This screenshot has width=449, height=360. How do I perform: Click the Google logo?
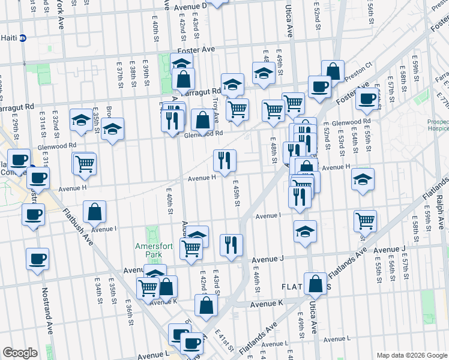point(20,353)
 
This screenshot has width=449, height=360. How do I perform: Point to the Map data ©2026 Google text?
point(411,355)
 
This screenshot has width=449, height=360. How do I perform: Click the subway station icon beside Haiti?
point(23,38)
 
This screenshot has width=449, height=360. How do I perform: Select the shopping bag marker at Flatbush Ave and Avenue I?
point(95,212)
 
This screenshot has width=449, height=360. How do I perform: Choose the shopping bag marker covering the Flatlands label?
point(315,284)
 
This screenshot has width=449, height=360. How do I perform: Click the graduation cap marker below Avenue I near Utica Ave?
point(306,231)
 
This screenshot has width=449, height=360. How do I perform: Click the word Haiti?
point(8,38)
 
